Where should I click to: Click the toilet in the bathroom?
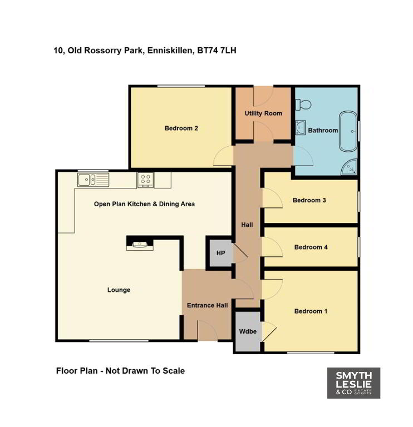pyautogui.click(x=303, y=105)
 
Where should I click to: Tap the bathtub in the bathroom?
pyautogui.click(x=348, y=131)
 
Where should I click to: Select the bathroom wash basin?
pyautogui.click(x=301, y=127)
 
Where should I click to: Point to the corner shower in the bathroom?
pyautogui.click(x=349, y=167)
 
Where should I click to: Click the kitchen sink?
pyautogui.click(x=93, y=180)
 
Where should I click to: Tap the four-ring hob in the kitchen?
pyautogui.click(x=146, y=180)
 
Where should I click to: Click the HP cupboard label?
pyautogui.click(x=220, y=253)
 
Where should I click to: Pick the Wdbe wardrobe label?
pyautogui.click(x=248, y=331)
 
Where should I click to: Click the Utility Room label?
pyautogui.click(x=263, y=113)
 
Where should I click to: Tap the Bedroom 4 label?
pyautogui.click(x=311, y=247)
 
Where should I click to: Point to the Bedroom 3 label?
pyautogui.click(x=309, y=200)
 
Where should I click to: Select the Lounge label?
pyautogui.click(x=119, y=290)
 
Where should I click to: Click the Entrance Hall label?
pyautogui.click(x=207, y=305)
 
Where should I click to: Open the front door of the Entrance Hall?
pyautogui.click(x=208, y=331)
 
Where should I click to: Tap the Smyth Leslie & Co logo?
pyautogui.click(x=353, y=383)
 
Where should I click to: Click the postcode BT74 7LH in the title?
pyautogui.click(x=217, y=51)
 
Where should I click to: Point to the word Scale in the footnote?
pyautogui.click(x=174, y=371)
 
